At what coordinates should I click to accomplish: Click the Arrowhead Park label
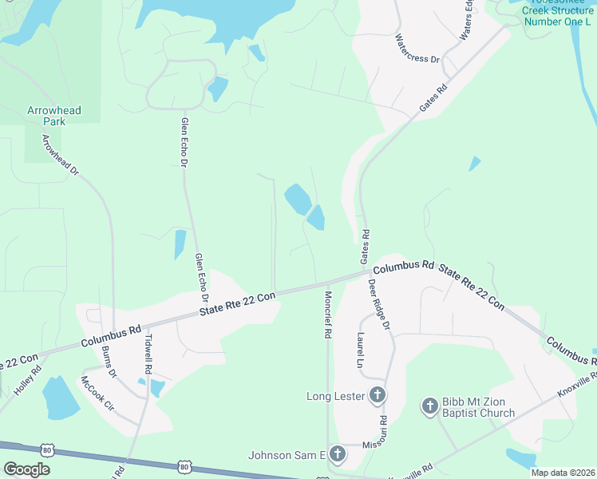click(x=53, y=116)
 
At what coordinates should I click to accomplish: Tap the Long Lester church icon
click(x=378, y=395)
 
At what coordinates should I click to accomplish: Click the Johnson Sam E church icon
click(x=337, y=455)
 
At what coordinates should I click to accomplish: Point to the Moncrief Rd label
click(x=327, y=315)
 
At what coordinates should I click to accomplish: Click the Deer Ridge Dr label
click(x=379, y=304)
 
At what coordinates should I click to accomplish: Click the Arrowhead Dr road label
click(x=61, y=156)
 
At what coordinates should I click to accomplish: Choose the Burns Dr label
click(x=109, y=362)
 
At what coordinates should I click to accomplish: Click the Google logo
click(x=26, y=469)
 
